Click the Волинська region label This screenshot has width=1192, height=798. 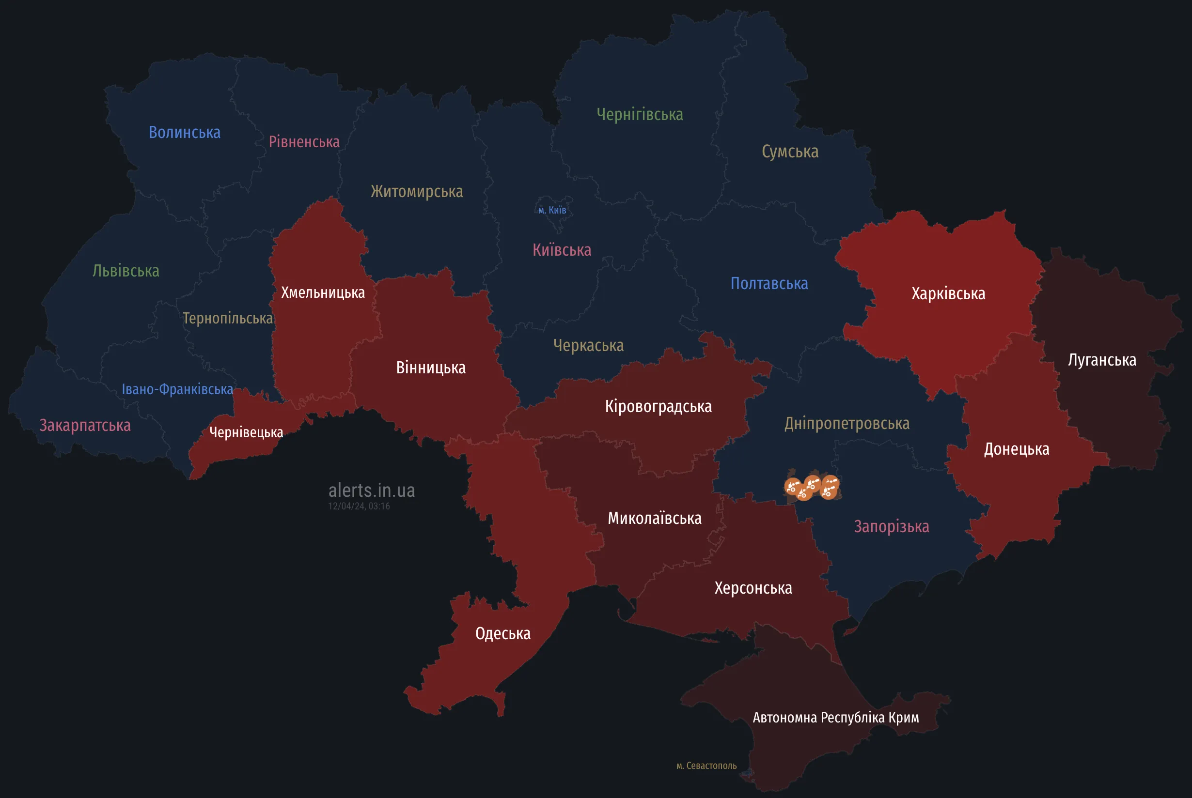pos(184,132)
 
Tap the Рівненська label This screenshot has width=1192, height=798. pos(304,141)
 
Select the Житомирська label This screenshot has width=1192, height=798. pos(417,191)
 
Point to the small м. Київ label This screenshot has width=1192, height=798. pos(552,210)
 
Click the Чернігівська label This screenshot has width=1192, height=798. pos(640,114)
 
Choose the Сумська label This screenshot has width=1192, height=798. pos(790,152)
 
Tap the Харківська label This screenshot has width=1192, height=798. pos(948,293)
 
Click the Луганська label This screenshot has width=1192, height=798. pos(1102,360)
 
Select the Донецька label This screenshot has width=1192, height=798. pos(1016,449)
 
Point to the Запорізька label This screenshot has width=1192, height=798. pos(891,526)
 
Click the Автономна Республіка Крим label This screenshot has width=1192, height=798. pos(835,718)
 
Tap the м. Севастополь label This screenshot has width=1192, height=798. pos(706,766)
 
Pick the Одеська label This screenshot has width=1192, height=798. pos(502,634)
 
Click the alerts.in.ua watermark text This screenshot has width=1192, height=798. pos(372,490)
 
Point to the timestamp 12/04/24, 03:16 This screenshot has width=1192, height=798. pos(359,506)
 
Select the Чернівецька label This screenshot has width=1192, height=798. pos(246,432)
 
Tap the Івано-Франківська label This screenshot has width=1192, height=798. pos(177,389)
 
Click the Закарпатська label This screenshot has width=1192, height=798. pos(85,425)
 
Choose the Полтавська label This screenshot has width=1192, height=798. pos(769,283)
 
